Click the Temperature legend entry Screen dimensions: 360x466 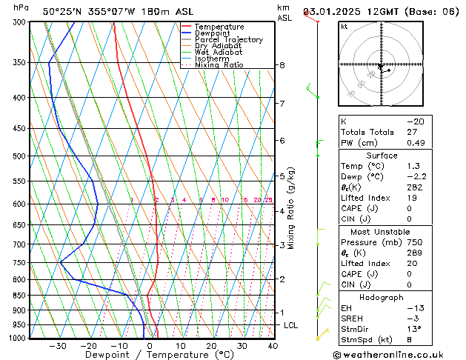click(219, 27)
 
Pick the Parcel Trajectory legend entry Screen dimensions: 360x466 click(228, 40)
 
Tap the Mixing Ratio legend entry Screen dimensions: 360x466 click(219, 65)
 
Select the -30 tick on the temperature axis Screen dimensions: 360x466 click(57, 346)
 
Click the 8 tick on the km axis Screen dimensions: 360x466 click(282, 65)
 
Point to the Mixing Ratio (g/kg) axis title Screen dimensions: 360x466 click(292, 208)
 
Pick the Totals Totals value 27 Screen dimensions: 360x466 click(411, 132)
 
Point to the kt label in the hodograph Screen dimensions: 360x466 click(344, 26)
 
